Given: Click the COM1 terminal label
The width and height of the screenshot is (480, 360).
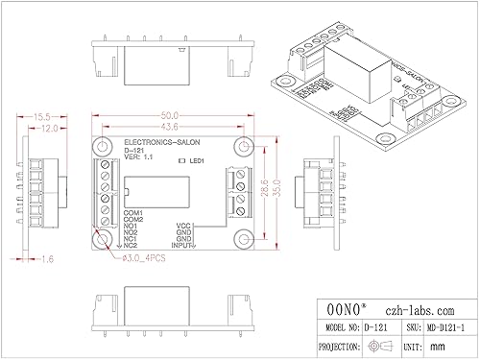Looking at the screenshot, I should click(133, 212).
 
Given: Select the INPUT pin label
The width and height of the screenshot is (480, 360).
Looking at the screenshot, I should click(182, 246).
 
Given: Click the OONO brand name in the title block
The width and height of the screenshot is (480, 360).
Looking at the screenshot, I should click(343, 310).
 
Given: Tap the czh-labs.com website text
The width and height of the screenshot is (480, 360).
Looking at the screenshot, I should click(420, 310).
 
